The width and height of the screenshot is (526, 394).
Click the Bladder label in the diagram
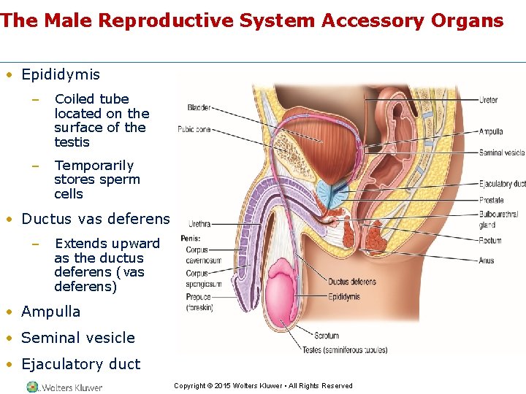tap(199, 108)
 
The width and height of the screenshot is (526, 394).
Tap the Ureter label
tap(489, 100)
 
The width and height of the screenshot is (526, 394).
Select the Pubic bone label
tap(194, 130)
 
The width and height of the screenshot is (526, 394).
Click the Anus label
tap(487, 260)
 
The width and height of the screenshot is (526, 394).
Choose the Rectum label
tap(490, 241)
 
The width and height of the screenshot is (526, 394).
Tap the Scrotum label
tap(326, 336)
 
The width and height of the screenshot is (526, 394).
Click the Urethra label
tap(199, 224)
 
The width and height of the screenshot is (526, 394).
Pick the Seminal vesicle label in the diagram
tap(502, 153)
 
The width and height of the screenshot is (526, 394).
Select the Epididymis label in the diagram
tap(343, 297)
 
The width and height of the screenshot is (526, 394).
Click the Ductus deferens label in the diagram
tap(352, 282)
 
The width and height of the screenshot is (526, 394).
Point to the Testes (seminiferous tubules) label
tap(334, 349)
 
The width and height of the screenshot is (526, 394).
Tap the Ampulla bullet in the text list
tap(51, 312)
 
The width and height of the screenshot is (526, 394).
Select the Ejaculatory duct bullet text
tap(80, 364)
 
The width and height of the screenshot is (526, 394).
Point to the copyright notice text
tap(263, 386)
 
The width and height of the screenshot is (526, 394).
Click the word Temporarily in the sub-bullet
tap(94, 166)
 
